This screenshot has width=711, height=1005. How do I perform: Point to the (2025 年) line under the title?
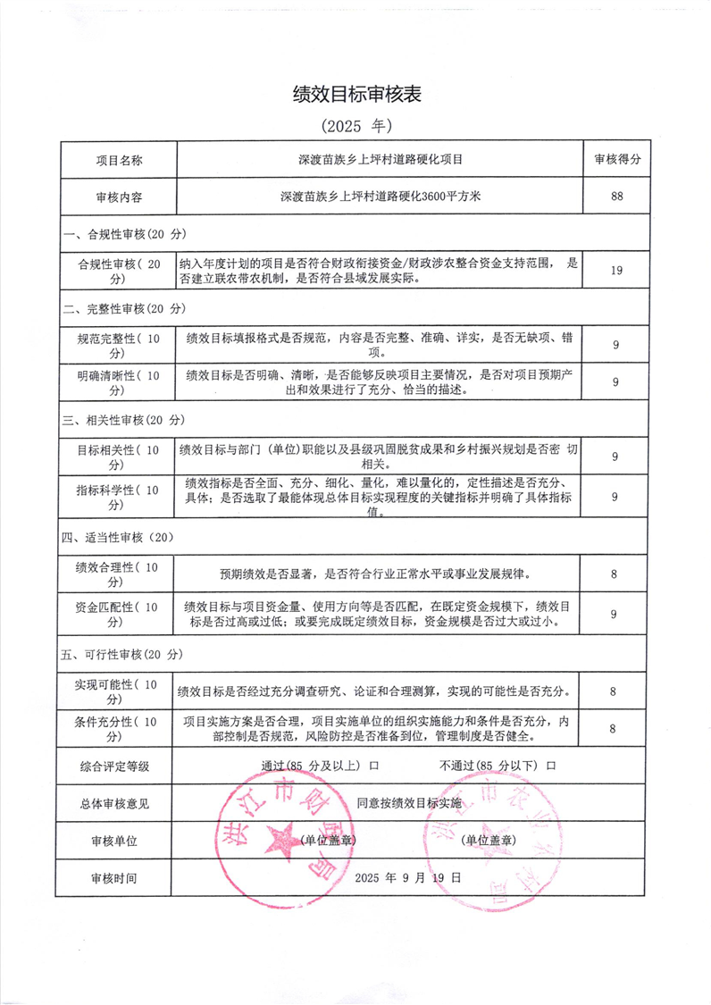click(355, 125)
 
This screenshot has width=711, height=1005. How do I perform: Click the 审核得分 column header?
click(616, 160)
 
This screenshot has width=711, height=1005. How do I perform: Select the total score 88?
click(616, 197)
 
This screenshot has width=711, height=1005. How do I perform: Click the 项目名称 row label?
click(119, 160)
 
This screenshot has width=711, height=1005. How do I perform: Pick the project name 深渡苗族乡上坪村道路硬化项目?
click(381, 160)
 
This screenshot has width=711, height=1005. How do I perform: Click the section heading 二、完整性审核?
click(124, 308)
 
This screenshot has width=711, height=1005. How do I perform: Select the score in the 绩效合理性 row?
click(614, 574)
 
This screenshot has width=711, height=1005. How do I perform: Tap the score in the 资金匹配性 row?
click(614, 614)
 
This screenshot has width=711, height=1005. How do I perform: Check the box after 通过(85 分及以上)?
click(374, 766)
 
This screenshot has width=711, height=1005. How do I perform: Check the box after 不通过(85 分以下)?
click(552, 766)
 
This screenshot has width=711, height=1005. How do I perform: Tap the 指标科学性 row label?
click(119, 497)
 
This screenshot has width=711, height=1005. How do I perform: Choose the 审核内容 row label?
click(119, 197)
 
